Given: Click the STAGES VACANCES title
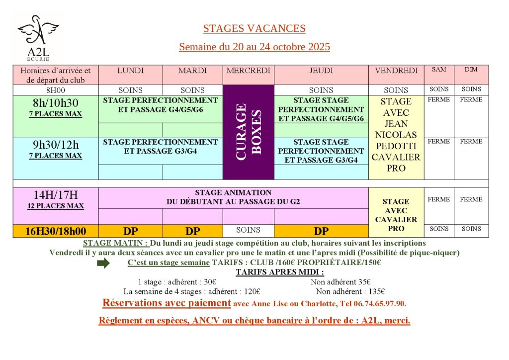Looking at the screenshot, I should click(254, 29).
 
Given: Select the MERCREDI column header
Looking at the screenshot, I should click(248, 71).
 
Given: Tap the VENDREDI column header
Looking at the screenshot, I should click(396, 71).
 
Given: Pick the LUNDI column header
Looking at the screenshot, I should click(130, 71).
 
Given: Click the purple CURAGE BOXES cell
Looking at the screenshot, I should click(248, 132).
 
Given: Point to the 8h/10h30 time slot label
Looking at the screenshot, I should click(56, 103).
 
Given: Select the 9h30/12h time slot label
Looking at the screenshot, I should click(56, 146).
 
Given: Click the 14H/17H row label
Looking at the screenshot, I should click(56, 195).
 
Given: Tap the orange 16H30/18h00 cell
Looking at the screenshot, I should click(56, 231).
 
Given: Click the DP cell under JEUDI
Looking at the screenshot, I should click(321, 231).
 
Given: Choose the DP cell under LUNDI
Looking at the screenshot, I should click(130, 231).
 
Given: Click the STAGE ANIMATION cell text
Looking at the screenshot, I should click(233, 197).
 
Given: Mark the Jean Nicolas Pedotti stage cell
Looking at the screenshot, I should click(396, 135).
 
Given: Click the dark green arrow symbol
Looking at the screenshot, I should click(103, 264).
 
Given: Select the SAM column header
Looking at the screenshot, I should click(438, 70).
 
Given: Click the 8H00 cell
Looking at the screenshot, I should click(56, 90).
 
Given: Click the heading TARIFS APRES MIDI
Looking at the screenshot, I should click(279, 272).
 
